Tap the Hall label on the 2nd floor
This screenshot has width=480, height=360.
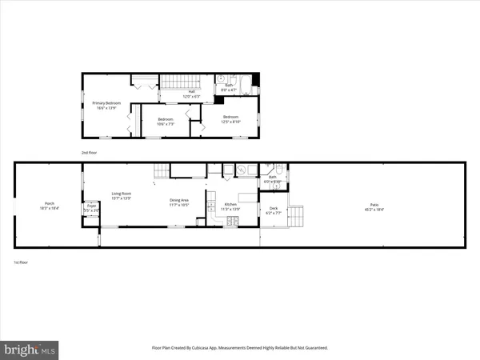click(x=192, y=93)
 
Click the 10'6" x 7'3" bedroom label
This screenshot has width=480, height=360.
click(x=165, y=122)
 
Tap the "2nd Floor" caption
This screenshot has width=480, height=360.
click(x=88, y=152)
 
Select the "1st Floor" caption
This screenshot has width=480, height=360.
click(x=22, y=262)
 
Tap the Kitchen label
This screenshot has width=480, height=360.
click(x=230, y=206)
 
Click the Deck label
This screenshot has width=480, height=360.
click(x=273, y=210)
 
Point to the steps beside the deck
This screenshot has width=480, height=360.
click(x=296, y=216)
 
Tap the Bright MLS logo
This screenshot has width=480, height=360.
click(x=30, y=349)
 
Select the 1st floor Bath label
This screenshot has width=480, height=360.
click(x=272, y=178)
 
